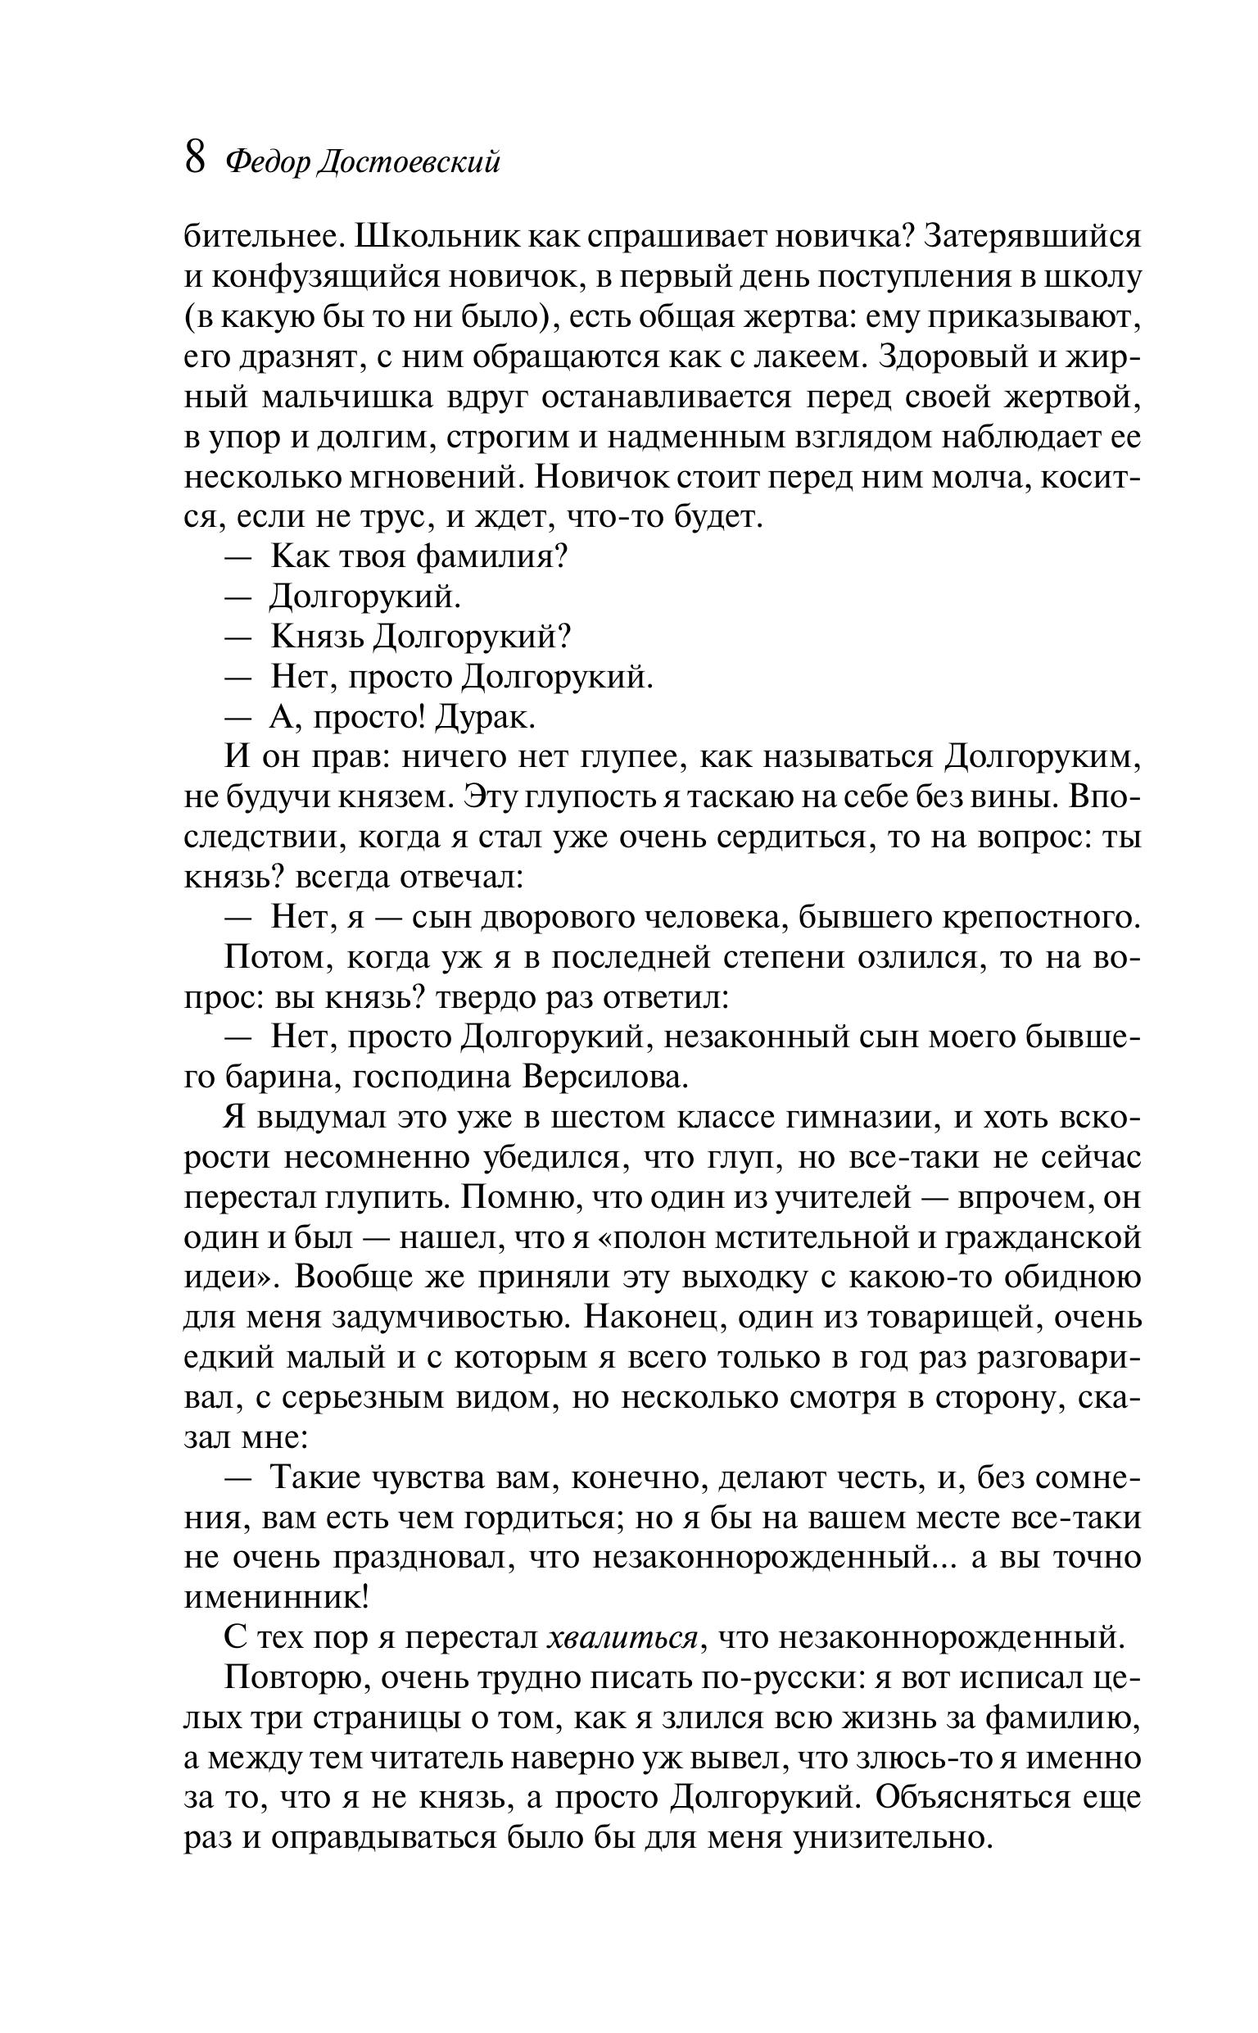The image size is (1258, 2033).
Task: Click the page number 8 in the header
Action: coord(195,158)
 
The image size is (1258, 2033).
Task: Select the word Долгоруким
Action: coord(1042,758)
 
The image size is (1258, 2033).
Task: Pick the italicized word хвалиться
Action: coord(622,1640)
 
